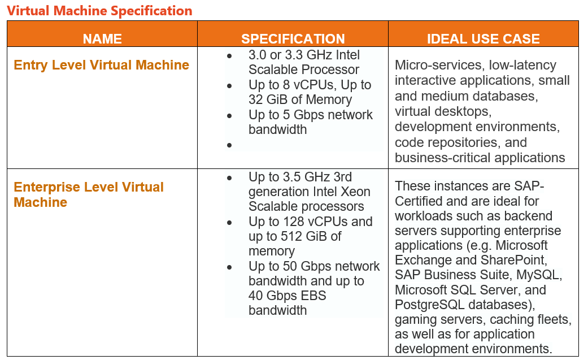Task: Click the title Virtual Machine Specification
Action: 99,11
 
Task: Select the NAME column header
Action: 102,38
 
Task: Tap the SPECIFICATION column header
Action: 293,38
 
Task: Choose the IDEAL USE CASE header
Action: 484,38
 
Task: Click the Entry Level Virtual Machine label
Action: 101,65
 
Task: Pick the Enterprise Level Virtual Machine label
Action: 89,194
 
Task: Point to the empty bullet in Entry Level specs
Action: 229,145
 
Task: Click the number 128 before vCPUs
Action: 294,222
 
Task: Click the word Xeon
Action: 355,192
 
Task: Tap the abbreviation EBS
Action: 315,296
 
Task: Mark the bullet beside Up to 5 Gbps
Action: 229,116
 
